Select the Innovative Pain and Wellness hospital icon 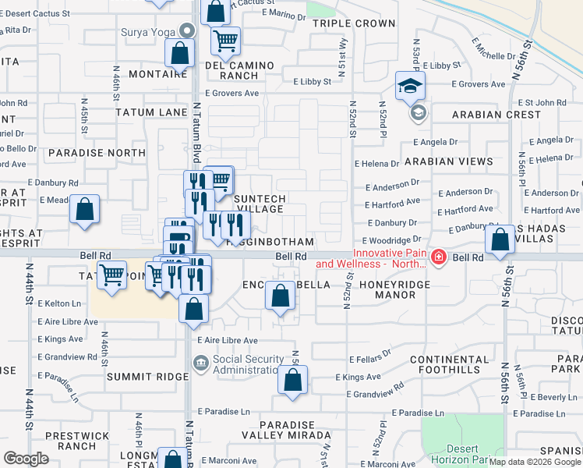(439, 257)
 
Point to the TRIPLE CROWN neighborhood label (354, 23)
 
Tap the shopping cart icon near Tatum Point (113, 275)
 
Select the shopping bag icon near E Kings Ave (293, 381)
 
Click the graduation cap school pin (410, 87)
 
